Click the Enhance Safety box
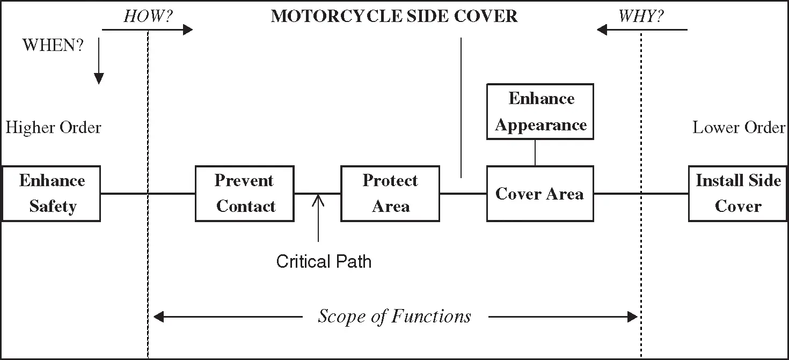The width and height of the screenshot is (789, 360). (x=51, y=194)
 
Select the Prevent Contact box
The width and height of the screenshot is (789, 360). (x=245, y=194)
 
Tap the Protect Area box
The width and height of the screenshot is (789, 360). (x=390, y=194)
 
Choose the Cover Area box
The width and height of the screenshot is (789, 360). (x=540, y=194)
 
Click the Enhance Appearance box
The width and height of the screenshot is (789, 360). (x=540, y=112)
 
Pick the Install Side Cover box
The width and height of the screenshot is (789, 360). (x=738, y=194)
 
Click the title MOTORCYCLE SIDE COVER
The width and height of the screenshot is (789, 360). (x=394, y=16)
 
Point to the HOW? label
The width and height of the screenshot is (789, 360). (x=148, y=16)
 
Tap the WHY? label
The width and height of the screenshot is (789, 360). (x=641, y=16)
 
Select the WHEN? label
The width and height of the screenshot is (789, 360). (x=53, y=46)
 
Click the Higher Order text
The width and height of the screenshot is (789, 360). (x=53, y=128)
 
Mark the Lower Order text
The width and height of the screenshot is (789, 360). (x=739, y=128)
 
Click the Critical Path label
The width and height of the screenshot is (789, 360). (x=324, y=261)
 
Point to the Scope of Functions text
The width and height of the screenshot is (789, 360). (x=394, y=317)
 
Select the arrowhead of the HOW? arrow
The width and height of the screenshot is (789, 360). (x=188, y=30)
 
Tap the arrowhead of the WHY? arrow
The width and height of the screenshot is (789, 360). (x=602, y=30)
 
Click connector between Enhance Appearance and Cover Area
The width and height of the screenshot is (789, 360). (x=535, y=152)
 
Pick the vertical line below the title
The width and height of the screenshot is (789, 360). (x=461, y=107)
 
